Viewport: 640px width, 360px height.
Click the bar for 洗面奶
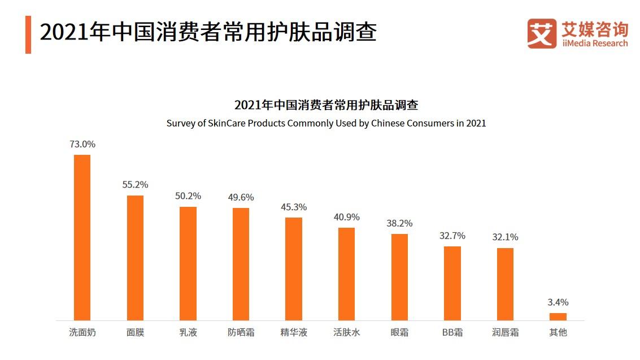click(x=82, y=237)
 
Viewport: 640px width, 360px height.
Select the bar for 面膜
click(x=135, y=258)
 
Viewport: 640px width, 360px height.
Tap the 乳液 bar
click(x=188, y=263)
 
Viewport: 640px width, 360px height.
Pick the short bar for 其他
click(x=558, y=316)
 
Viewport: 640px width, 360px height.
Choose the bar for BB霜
click(x=452, y=283)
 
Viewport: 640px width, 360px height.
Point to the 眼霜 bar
click(x=399, y=277)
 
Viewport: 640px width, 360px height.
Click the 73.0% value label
click(x=82, y=144)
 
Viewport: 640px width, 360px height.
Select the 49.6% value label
click(x=241, y=197)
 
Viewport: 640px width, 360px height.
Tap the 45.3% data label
click(x=294, y=207)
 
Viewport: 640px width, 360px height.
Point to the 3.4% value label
click(x=558, y=302)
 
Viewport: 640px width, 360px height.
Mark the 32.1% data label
click(x=505, y=237)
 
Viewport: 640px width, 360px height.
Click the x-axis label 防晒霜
click(x=241, y=332)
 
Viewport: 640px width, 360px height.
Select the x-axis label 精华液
click(x=294, y=332)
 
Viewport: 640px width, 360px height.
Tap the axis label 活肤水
click(x=346, y=332)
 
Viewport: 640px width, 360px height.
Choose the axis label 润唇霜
click(x=505, y=332)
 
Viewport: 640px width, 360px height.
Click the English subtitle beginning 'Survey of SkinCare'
click(x=326, y=123)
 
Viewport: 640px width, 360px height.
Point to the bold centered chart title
click(x=326, y=105)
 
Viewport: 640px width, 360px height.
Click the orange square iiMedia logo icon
click(x=541, y=33)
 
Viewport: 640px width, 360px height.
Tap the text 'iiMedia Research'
click(x=595, y=44)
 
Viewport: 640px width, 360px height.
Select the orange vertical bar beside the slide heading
click(x=28, y=34)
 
